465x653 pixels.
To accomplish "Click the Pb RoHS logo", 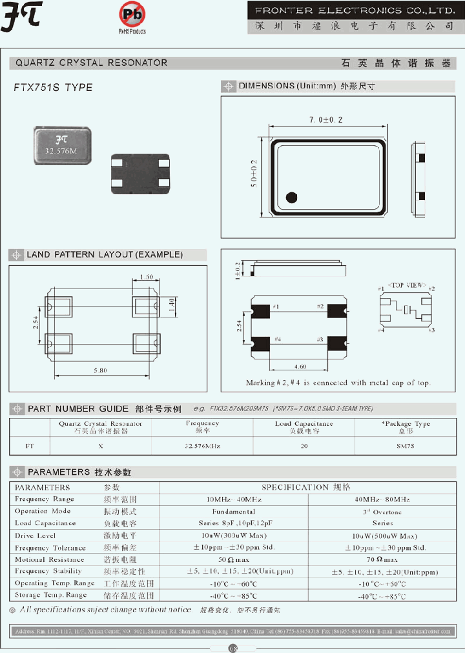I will tap(132, 14).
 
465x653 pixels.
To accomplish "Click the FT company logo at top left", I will tap(23, 17).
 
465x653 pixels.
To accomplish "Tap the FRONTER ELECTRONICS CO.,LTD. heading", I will tap(354, 10).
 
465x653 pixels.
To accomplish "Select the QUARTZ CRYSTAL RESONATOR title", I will tap(91, 63).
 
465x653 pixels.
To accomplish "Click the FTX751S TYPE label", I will tap(53, 87).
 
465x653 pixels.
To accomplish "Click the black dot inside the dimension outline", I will tap(291, 197).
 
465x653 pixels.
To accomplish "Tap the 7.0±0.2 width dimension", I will tap(325, 121).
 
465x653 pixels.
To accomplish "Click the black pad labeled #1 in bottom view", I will tap(260, 310).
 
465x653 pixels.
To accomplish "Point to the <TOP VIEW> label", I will tap(406, 284).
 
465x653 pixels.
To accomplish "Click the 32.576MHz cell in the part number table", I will tap(202, 446).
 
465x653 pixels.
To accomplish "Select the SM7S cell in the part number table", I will tap(404, 446).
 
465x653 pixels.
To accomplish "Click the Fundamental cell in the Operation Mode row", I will tap(234, 511).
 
